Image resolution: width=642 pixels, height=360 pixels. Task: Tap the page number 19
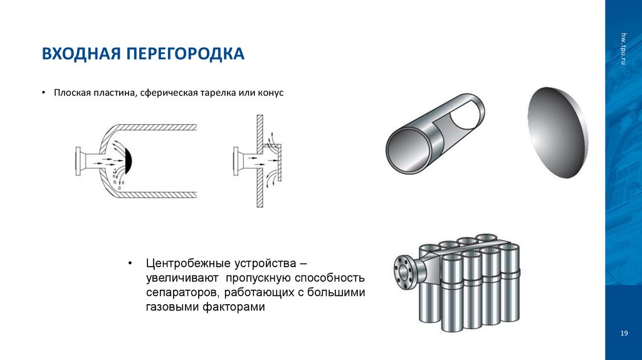(623, 333)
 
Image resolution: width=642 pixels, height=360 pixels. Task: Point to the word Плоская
(72, 92)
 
